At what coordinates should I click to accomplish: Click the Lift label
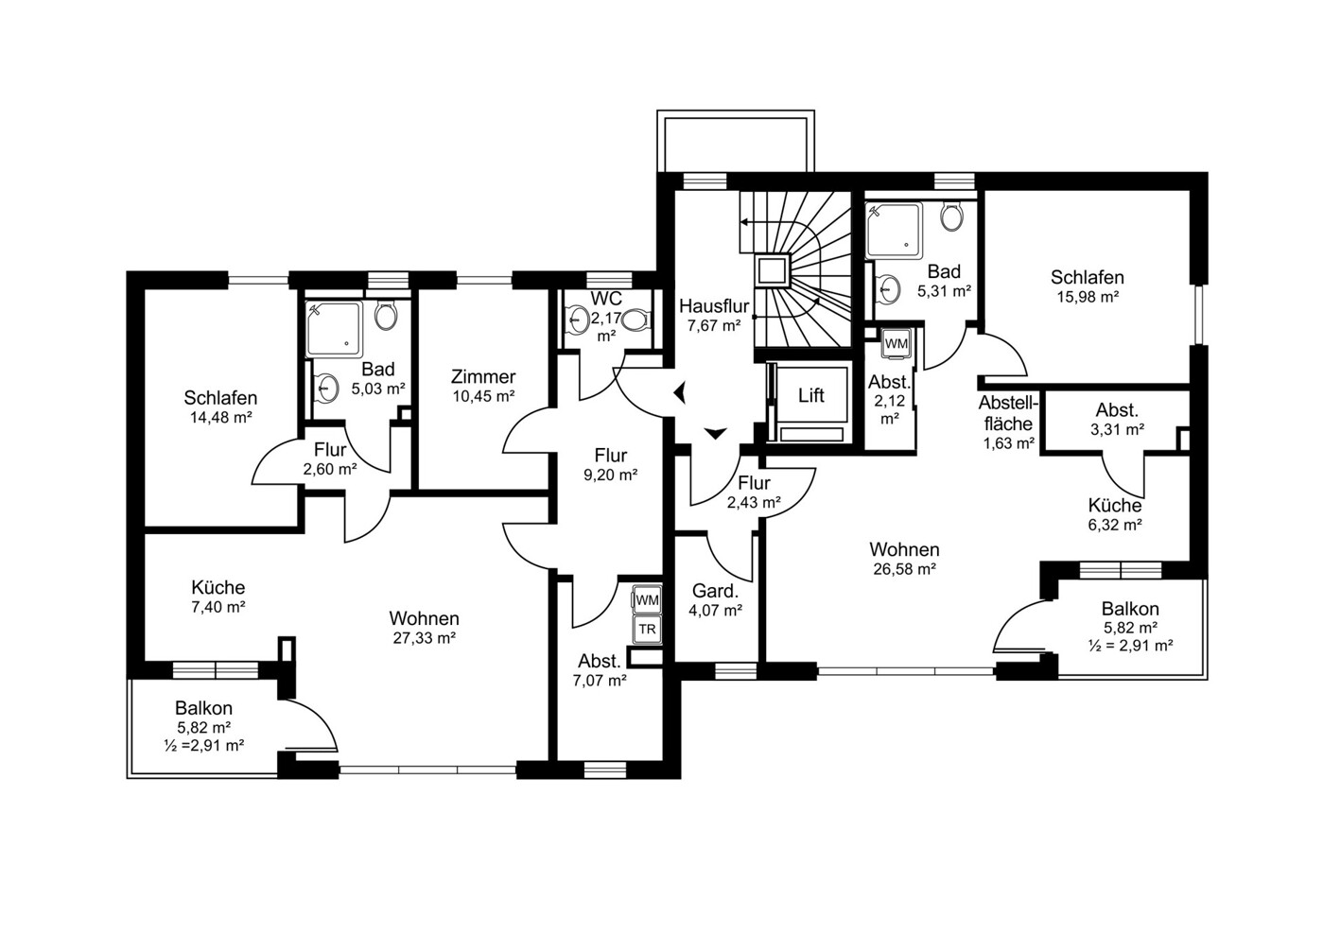pos(811,395)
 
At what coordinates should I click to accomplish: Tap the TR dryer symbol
pos(648,630)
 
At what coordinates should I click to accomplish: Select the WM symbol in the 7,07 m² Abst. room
pos(648,600)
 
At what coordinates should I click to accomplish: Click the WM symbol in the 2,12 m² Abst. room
pos(897,344)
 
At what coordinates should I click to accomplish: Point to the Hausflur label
pos(714,306)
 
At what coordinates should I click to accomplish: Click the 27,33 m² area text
pos(424,638)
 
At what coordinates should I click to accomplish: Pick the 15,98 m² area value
pos(1088,297)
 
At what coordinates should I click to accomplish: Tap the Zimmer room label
pos(483,376)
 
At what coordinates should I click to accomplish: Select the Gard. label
pos(715,591)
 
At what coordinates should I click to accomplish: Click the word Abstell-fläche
pos(1008,413)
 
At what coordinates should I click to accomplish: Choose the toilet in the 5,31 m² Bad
pos(952,216)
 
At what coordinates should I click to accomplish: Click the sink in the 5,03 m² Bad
pos(325,388)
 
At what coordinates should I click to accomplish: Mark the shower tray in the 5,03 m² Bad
pos(334,329)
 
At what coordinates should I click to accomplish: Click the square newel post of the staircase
pos(772,271)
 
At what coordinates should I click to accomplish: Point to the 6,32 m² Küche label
pos(1115,506)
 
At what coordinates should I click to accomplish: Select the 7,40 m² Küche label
pos(218,587)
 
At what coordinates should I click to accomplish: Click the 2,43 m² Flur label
pos(755,483)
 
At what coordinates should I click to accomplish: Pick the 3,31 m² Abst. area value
pos(1117,429)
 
